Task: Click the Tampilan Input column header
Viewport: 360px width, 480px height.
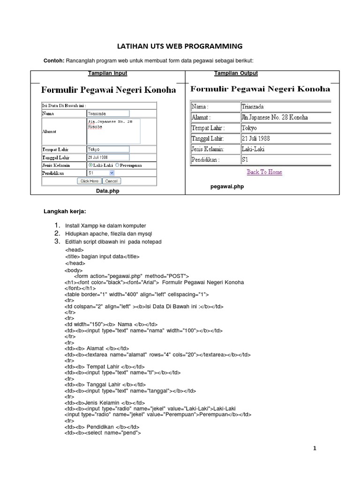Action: [108, 74]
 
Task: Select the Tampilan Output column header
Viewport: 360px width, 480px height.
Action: [236, 74]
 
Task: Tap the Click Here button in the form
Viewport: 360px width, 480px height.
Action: [90, 181]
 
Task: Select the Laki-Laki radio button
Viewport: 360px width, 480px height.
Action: [90, 165]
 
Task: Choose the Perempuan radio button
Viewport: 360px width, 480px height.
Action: [117, 165]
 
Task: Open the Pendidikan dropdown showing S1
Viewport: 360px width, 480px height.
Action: [101, 173]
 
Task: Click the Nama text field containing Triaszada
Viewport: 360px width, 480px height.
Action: [108, 113]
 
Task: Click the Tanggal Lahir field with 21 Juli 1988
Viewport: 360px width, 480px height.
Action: [108, 157]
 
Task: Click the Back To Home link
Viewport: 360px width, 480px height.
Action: [264, 172]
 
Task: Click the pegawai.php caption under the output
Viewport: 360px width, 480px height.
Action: [227, 187]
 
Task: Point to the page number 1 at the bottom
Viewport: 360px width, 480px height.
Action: [315, 449]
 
